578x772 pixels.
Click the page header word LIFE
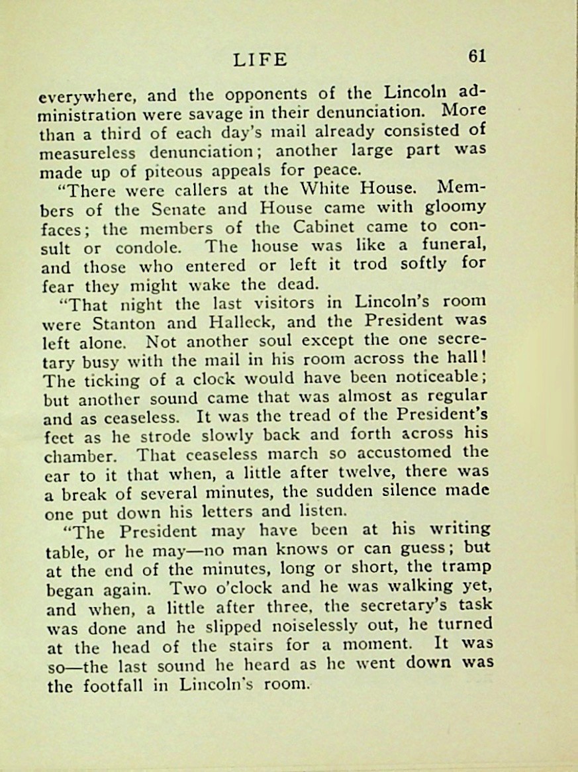click(x=260, y=60)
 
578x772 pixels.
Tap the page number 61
click(x=477, y=56)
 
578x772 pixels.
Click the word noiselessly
click(x=337, y=627)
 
